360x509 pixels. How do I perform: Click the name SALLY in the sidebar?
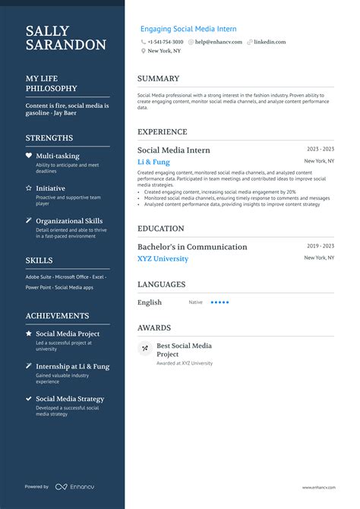(x=47, y=31)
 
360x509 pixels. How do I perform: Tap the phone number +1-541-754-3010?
(x=165, y=42)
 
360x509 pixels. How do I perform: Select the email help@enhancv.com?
(x=218, y=42)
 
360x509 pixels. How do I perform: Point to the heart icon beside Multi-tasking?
(x=29, y=155)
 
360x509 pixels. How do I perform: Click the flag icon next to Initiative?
(x=29, y=188)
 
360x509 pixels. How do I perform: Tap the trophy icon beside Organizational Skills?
(x=29, y=221)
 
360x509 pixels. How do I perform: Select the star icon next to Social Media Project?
(x=29, y=334)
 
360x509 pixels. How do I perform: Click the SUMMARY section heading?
(x=158, y=78)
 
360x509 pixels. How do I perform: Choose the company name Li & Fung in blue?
(x=153, y=162)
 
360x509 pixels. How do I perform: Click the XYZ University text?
(x=163, y=258)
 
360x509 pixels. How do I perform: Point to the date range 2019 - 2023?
(x=320, y=246)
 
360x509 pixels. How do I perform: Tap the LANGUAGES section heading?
(x=161, y=284)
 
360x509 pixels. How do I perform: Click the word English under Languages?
(x=150, y=302)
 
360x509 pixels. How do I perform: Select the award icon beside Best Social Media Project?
(x=144, y=349)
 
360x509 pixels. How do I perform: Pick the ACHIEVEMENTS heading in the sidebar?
(x=57, y=315)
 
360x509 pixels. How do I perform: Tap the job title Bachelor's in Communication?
(x=192, y=247)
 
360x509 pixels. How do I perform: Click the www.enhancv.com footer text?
(x=318, y=487)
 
